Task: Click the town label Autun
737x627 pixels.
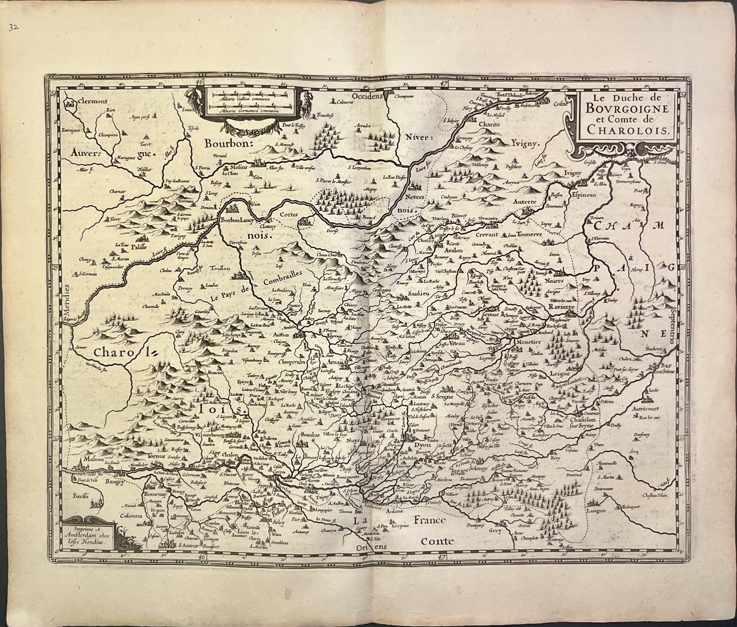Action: coord(281,335)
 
